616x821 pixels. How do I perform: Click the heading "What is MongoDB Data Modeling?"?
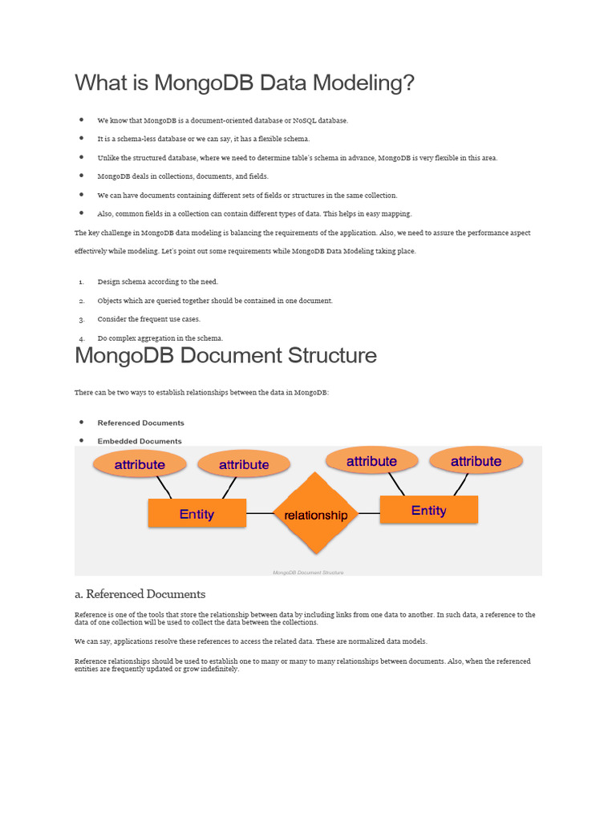(x=245, y=83)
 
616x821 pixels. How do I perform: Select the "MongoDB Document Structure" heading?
(x=225, y=355)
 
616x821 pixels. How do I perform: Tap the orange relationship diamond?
(x=316, y=514)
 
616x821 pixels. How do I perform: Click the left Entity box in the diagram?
(x=197, y=513)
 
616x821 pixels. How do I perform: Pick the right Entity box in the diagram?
(x=428, y=510)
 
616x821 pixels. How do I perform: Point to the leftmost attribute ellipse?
(x=140, y=464)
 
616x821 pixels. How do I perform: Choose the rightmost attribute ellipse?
(x=476, y=461)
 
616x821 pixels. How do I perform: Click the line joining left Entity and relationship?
(x=259, y=513)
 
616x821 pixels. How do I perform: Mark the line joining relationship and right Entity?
(x=369, y=513)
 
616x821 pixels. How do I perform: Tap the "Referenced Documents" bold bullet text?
(x=140, y=423)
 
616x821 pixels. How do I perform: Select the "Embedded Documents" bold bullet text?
(x=140, y=441)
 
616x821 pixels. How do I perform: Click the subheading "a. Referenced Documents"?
(x=140, y=594)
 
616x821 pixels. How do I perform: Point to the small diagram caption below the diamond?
(x=308, y=572)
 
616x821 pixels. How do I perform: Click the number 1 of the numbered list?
(x=81, y=282)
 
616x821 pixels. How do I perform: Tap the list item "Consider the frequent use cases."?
(x=148, y=319)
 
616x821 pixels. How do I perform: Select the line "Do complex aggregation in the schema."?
(x=160, y=338)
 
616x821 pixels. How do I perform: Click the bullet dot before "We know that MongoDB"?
(x=82, y=119)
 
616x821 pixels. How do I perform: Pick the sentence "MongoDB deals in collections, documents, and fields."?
(x=183, y=176)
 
